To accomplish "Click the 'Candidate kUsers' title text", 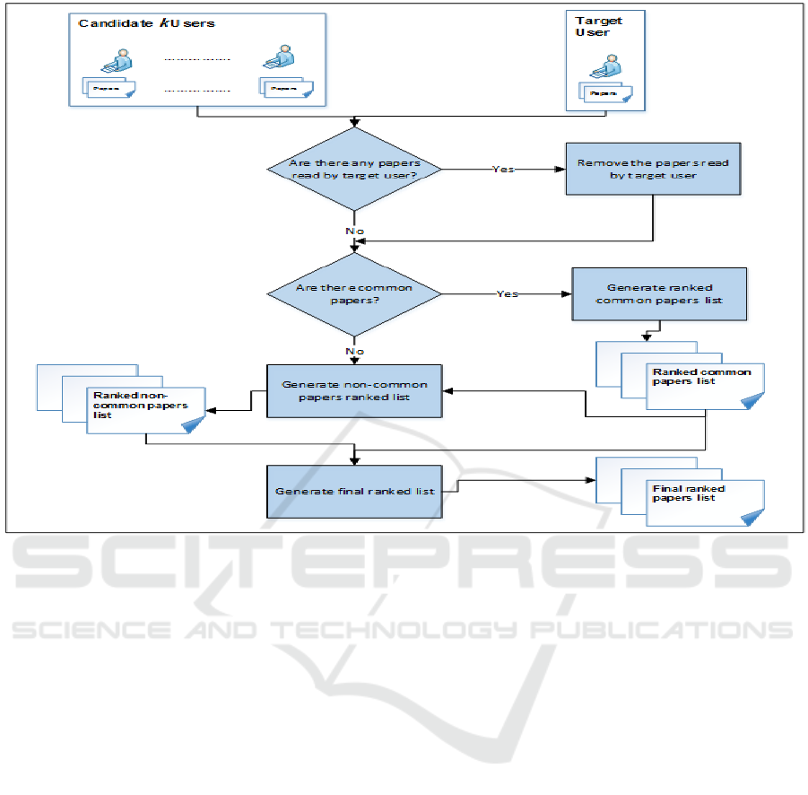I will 146,23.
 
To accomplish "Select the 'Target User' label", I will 598,26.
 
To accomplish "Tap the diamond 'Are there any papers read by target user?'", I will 355,169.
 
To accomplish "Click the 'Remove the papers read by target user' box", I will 653,169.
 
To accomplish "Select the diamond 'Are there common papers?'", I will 355,293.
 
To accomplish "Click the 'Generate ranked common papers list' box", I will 659,293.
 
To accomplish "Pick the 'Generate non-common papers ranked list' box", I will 355,390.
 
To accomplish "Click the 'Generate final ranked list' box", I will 355,491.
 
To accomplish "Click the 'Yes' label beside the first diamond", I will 503,169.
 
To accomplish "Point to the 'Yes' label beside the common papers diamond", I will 507,293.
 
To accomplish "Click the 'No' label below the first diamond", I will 355,231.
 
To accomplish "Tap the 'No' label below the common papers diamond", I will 355,353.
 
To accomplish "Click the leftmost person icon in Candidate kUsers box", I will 117,62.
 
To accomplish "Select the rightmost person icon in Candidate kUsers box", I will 274,62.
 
